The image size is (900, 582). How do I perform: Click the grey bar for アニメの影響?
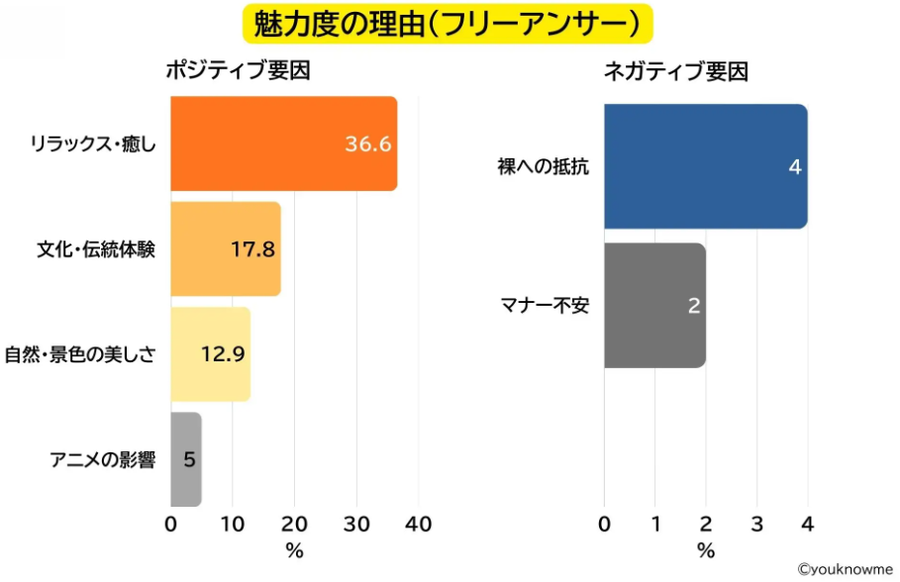[x=185, y=458]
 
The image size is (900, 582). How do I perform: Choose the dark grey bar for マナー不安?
[x=653, y=305]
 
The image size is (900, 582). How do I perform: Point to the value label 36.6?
[x=368, y=145]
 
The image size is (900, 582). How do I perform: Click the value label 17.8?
[x=252, y=249]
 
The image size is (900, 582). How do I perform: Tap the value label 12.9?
[x=223, y=354]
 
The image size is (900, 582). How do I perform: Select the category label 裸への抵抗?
[x=543, y=167]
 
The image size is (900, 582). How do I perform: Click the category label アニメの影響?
[x=103, y=459]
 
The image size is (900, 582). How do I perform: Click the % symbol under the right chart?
[x=705, y=550]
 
